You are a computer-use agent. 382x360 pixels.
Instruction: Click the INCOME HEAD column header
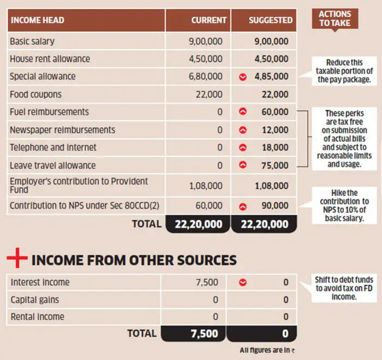pos(38,20)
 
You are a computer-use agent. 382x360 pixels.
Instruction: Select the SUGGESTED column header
pos(271,20)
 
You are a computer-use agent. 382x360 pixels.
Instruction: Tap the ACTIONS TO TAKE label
pos(335,19)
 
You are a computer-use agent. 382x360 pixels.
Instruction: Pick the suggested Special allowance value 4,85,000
pos(271,77)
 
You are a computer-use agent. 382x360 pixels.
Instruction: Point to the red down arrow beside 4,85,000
pos(243,77)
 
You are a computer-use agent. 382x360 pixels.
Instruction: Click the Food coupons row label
pos(35,94)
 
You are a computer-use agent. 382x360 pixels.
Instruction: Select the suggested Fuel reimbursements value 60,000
pos(275,112)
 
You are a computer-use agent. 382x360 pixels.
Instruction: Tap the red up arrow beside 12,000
pos(243,130)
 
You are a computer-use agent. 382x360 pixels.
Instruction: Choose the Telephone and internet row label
pos(53,148)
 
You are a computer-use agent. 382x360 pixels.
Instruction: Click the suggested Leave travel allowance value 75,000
pos(275,166)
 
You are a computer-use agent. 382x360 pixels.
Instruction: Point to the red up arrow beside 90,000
pos(243,207)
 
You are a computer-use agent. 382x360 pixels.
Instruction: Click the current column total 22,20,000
pos(199,224)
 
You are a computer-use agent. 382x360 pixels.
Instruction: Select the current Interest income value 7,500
pos(207,283)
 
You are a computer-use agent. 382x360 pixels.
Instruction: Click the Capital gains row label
pos(34,300)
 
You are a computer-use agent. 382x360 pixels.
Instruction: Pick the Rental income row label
pos(37,317)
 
